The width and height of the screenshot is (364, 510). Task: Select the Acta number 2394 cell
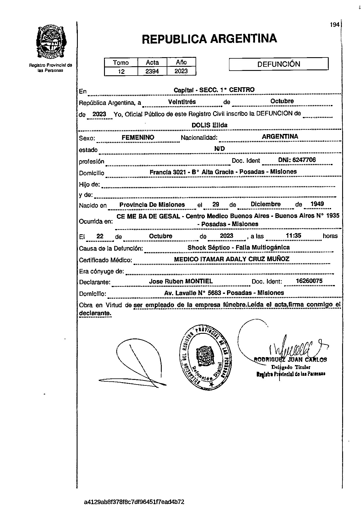tap(152, 71)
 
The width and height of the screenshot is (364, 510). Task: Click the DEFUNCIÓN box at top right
tap(279, 64)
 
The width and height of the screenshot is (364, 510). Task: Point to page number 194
tap(335, 25)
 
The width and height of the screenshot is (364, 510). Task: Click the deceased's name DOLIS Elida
tap(209, 125)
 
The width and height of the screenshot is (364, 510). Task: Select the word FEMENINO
tap(138, 137)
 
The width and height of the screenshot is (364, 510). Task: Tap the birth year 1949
tap(317, 204)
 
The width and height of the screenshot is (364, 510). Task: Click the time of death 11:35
tap(293, 235)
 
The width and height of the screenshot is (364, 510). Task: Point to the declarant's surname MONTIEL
tap(199, 281)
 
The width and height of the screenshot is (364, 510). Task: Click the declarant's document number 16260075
tap(309, 281)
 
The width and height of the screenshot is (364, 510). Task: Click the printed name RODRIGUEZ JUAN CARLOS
tap(291, 360)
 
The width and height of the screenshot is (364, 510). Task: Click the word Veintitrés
tap(182, 102)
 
